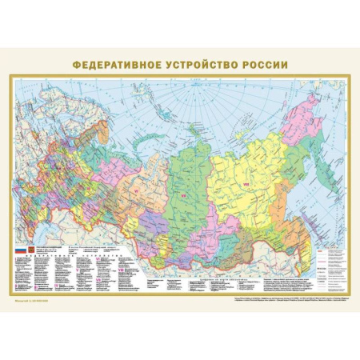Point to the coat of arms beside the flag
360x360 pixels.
32,250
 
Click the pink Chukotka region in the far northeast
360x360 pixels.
314,112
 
